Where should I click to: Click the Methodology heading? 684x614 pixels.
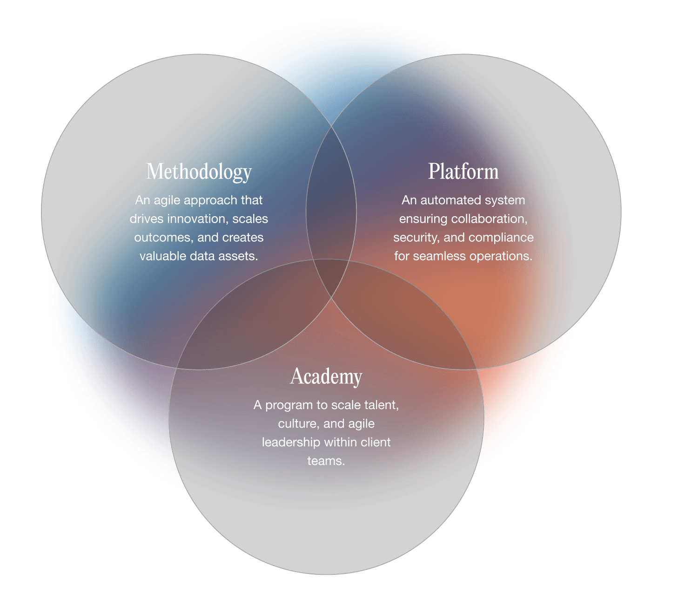199,171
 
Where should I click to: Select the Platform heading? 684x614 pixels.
463,171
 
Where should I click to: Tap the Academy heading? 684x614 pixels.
326,376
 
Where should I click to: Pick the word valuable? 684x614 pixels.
161,256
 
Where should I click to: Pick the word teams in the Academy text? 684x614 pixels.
326,461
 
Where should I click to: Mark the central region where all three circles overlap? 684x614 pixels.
331,277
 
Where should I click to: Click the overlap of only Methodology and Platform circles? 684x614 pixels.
331,196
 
